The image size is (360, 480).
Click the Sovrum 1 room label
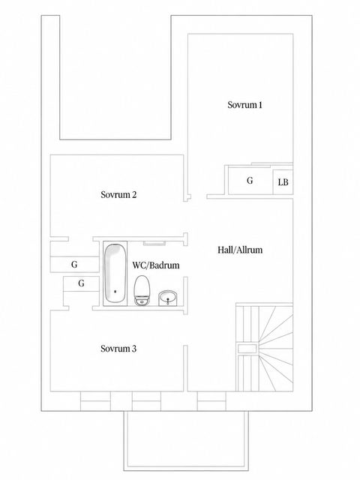[244, 105]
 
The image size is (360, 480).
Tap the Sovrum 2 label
[118, 195]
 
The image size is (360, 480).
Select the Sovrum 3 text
[118, 349]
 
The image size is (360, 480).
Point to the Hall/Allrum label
[240, 250]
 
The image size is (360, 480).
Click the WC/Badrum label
[156, 265]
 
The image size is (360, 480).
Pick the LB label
[283, 182]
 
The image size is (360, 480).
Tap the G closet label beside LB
[250, 181]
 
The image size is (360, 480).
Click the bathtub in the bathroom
[115, 273]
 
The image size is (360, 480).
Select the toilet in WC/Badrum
[142, 290]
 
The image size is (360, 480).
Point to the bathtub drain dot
[115, 292]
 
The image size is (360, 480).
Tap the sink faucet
[168, 300]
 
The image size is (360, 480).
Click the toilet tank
[142, 300]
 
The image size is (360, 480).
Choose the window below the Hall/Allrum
[211, 401]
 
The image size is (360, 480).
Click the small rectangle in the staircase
[247, 349]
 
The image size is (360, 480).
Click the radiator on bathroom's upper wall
[154, 243]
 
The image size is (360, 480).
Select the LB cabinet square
[283, 182]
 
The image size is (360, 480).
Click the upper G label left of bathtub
[74, 265]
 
